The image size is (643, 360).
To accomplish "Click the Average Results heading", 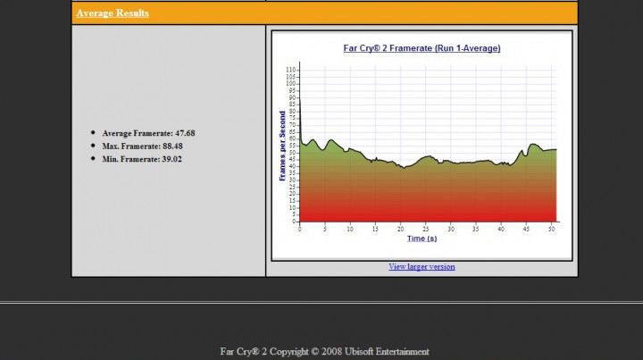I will pyautogui.click(x=113, y=13).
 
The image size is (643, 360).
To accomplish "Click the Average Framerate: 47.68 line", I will pyautogui.click(x=148, y=133).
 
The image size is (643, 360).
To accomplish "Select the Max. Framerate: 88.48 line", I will pyautogui.click(x=143, y=146).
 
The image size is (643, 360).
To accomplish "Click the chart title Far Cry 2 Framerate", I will pyautogui.click(x=422, y=48).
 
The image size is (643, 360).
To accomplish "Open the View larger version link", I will pyautogui.click(x=422, y=266).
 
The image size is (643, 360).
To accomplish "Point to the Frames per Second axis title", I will pyautogui.click(x=283, y=146).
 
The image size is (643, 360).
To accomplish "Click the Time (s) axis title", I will pyautogui.click(x=422, y=239).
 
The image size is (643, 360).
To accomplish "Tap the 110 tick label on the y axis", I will pyautogui.click(x=290, y=69).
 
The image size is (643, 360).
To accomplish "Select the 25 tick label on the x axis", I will pyautogui.click(x=426, y=229).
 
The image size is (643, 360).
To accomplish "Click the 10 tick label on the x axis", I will pyautogui.click(x=350, y=229).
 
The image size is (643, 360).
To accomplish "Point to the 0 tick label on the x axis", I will pyautogui.click(x=300, y=229).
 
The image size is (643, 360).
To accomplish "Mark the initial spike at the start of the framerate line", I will pyautogui.click(x=300, y=103).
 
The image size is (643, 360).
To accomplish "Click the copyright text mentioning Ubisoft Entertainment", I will pyautogui.click(x=324, y=351).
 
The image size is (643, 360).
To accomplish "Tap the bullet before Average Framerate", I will pyautogui.click(x=93, y=132).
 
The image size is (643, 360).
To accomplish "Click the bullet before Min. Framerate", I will pyautogui.click(x=93, y=158).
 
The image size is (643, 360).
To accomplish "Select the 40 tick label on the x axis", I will pyautogui.click(x=501, y=229).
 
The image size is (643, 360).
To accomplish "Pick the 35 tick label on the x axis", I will pyautogui.click(x=476, y=229).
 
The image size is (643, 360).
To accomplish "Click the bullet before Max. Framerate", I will pyautogui.click(x=93, y=145).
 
